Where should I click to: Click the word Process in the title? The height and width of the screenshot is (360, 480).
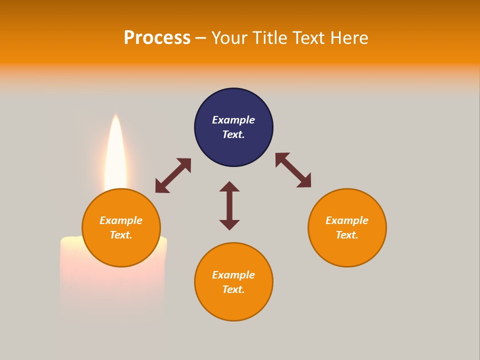[x=157, y=38]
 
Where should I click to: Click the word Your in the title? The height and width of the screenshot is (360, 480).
[x=229, y=37]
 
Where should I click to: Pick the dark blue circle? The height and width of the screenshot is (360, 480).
[x=233, y=127]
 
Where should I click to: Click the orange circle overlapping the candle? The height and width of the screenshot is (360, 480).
[x=121, y=228]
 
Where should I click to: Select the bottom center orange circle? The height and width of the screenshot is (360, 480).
[x=233, y=282]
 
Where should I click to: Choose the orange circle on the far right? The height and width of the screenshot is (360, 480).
[x=347, y=228]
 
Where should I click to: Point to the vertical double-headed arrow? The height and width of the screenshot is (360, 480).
[x=229, y=205]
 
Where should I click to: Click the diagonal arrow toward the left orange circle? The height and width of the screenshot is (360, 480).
[x=173, y=175]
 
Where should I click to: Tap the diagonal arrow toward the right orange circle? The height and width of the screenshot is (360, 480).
[x=293, y=170]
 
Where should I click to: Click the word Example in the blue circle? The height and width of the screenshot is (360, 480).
[x=233, y=120]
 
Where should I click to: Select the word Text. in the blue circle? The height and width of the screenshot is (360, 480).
[x=233, y=134]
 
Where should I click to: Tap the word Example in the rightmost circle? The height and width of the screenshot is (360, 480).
[x=347, y=220]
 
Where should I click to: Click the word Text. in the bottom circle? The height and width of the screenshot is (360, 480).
[x=233, y=289]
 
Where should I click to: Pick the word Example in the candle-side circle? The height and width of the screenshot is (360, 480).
[x=121, y=220]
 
